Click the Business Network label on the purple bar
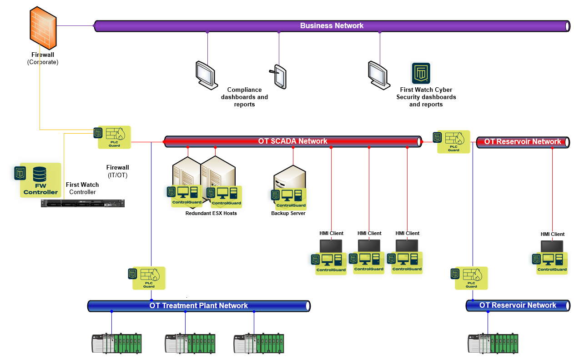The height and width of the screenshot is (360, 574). point(332,25)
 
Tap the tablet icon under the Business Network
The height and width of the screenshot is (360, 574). point(279,76)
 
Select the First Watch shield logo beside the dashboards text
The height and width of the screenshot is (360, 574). point(421,73)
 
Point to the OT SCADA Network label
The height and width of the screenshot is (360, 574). point(292,141)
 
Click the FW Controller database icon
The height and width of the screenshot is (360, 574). point(40,175)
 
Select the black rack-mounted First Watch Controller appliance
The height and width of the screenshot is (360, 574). point(82,204)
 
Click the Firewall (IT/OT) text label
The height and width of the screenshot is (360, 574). point(117,171)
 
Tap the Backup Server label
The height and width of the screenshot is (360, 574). point(288,213)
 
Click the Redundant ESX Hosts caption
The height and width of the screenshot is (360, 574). point(211,213)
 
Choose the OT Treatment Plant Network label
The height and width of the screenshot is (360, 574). point(198,306)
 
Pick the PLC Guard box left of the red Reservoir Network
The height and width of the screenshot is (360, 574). point(453,141)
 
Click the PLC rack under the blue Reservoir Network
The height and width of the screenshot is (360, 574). point(493,344)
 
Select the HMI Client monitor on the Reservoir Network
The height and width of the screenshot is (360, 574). point(552,248)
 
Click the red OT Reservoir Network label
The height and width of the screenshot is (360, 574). point(522,142)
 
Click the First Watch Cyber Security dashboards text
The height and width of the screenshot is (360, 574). point(426,97)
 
